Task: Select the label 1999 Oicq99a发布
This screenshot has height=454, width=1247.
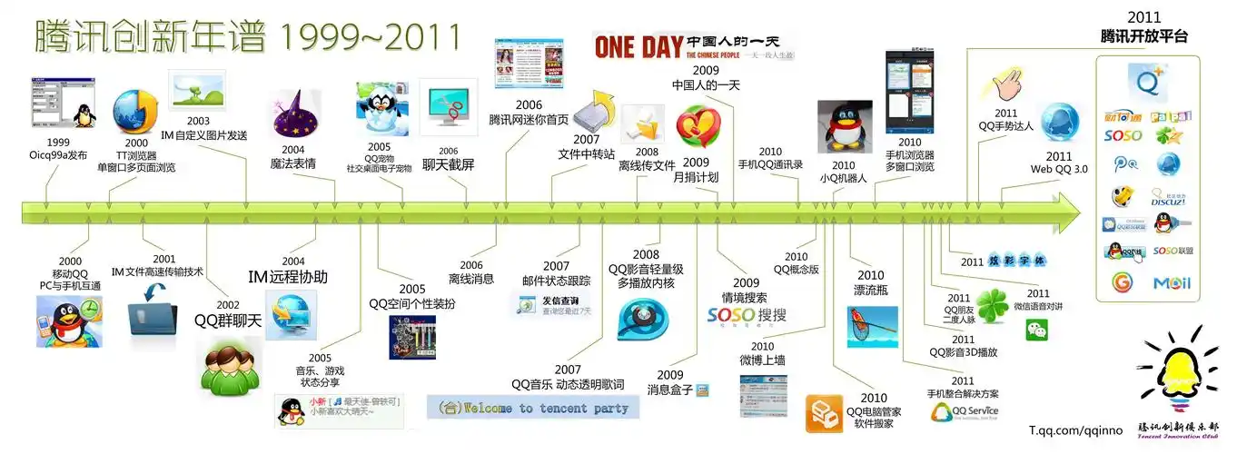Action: (58, 149)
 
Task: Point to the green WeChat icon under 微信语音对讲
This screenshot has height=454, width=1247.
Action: (1036, 331)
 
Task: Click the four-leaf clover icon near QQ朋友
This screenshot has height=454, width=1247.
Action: (991, 306)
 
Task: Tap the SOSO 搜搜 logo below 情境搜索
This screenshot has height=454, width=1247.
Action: (747, 316)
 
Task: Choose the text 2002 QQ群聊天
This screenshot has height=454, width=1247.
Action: (228, 312)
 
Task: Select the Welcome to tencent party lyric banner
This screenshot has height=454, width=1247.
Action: (533, 408)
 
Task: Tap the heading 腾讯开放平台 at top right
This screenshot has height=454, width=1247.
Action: (1143, 36)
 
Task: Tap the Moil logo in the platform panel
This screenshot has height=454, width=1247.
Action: (1171, 283)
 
